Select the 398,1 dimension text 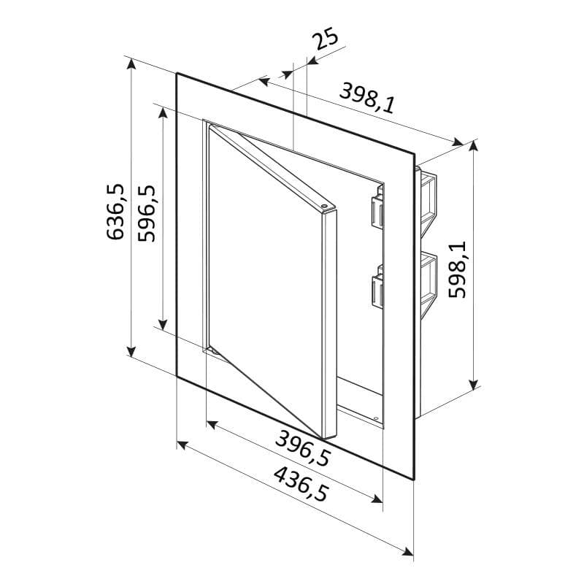pyautogui.click(x=367, y=98)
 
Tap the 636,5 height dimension pyautogui.click(x=115, y=212)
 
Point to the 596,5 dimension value pyautogui.click(x=147, y=213)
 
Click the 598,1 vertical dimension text pyautogui.click(x=457, y=269)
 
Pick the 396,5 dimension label pyautogui.click(x=303, y=448)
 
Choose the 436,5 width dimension pyautogui.click(x=301, y=484)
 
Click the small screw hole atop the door pyautogui.click(x=323, y=205)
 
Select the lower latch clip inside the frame pyautogui.click(x=377, y=286)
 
